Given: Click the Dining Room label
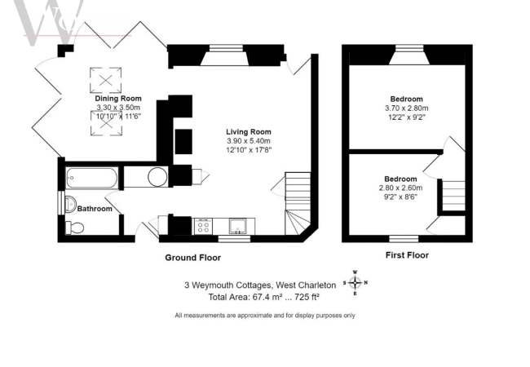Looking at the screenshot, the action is coord(118,99).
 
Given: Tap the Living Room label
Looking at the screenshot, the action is coord(249,132).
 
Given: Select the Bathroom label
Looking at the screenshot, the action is coord(95,209).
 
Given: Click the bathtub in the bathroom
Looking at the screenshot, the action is coord(92,178).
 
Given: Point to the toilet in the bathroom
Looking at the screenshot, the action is coord(74,228).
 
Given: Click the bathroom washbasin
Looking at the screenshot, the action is coord(70,204).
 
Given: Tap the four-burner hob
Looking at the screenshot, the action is coord(203,226).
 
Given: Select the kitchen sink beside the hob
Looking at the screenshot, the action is coord(238,226).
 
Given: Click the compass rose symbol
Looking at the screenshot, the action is coord(356,282).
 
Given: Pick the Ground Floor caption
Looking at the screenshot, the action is coord(193,258).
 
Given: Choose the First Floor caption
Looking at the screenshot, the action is coord(407,255).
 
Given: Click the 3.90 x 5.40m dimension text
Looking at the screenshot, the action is coord(249,141).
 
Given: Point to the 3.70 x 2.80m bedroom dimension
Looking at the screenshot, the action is coord(407,108).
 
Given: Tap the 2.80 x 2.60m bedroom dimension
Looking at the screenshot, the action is coord(400,188).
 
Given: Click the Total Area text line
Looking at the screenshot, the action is coord(264,297).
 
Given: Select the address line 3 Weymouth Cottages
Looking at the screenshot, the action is coord(260,285).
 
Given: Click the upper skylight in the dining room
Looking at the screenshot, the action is coord(106,81).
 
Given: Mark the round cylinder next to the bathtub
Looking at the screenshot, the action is coord(157,177).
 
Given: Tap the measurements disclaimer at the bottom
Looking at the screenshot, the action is coord(265,316).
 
